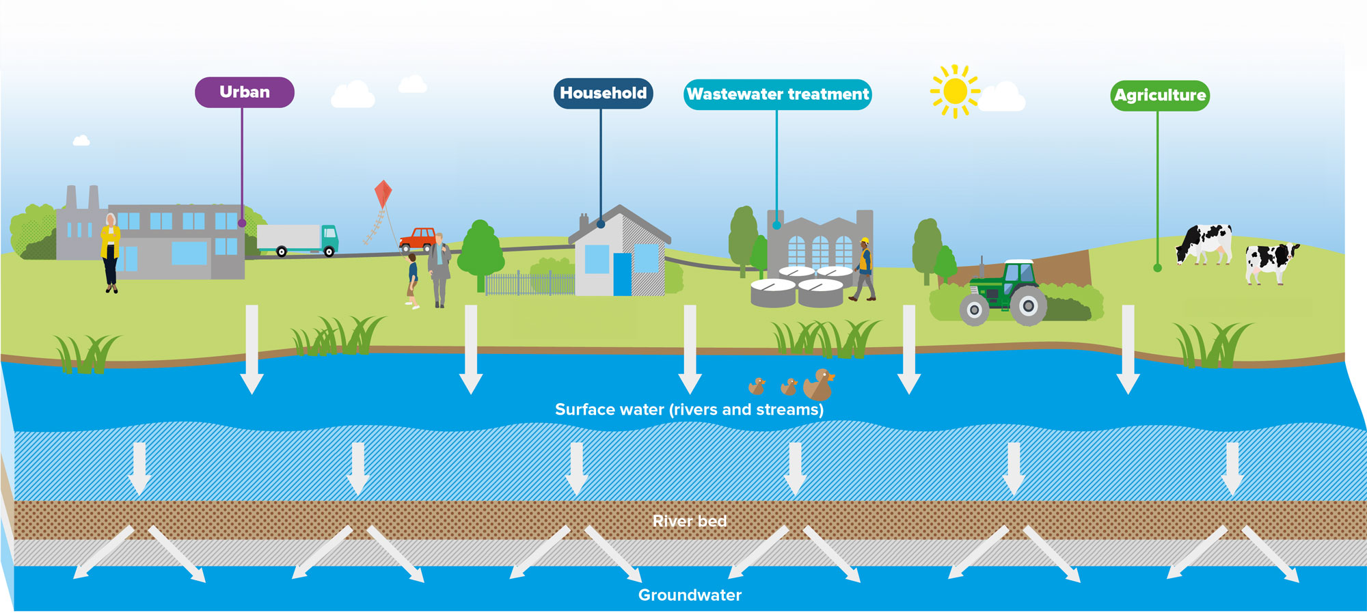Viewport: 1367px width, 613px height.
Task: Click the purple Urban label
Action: [x=244, y=92]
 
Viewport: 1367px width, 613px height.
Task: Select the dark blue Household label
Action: [x=603, y=94]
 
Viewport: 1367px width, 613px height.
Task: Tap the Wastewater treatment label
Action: [x=777, y=94]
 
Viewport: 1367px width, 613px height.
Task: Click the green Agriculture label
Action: [x=1160, y=96]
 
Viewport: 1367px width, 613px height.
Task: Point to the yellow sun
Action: [x=955, y=91]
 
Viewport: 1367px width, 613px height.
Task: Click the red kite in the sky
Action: [x=383, y=193]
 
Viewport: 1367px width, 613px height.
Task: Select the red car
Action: [x=418, y=239]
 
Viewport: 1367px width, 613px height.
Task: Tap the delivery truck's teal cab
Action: [x=329, y=239]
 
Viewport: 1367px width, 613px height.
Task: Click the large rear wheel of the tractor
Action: [x=1027, y=306]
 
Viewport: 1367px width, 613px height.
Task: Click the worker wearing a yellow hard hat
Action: [x=865, y=270]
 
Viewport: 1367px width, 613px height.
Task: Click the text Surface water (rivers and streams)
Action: [x=689, y=409]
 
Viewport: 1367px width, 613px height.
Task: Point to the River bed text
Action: [x=689, y=521]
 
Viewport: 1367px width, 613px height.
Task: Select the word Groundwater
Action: [x=689, y=595]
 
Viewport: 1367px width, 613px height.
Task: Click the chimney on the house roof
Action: [x=584, y=221]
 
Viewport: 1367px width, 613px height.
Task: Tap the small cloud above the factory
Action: [x=81, y=141]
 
